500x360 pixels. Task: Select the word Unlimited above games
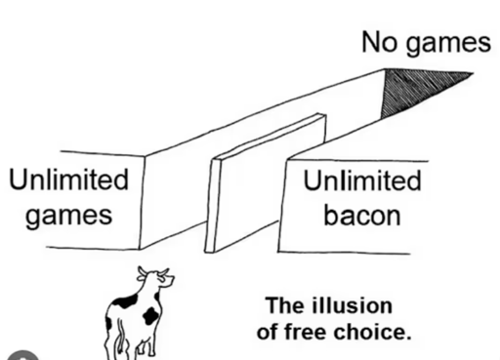click(x=68, y=180)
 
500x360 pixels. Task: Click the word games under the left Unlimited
click(x=68, y=217)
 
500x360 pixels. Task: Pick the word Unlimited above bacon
click(x=362, y=180)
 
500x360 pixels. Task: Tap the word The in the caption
click(x=285, y=305)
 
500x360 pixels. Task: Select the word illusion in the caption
click(x=353, y=305)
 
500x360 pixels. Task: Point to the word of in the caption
click(x=268, y=332)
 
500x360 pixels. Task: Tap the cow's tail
click(x=120, y=339)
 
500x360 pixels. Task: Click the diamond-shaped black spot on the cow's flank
click(x=151, y=315)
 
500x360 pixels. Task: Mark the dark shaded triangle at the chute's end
click(x=420, y=90)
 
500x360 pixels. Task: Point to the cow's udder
click(x=141, y=348)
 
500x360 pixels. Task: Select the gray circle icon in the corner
click(x=22, y=355)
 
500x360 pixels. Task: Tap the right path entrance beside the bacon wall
click(x=246, y=236)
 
